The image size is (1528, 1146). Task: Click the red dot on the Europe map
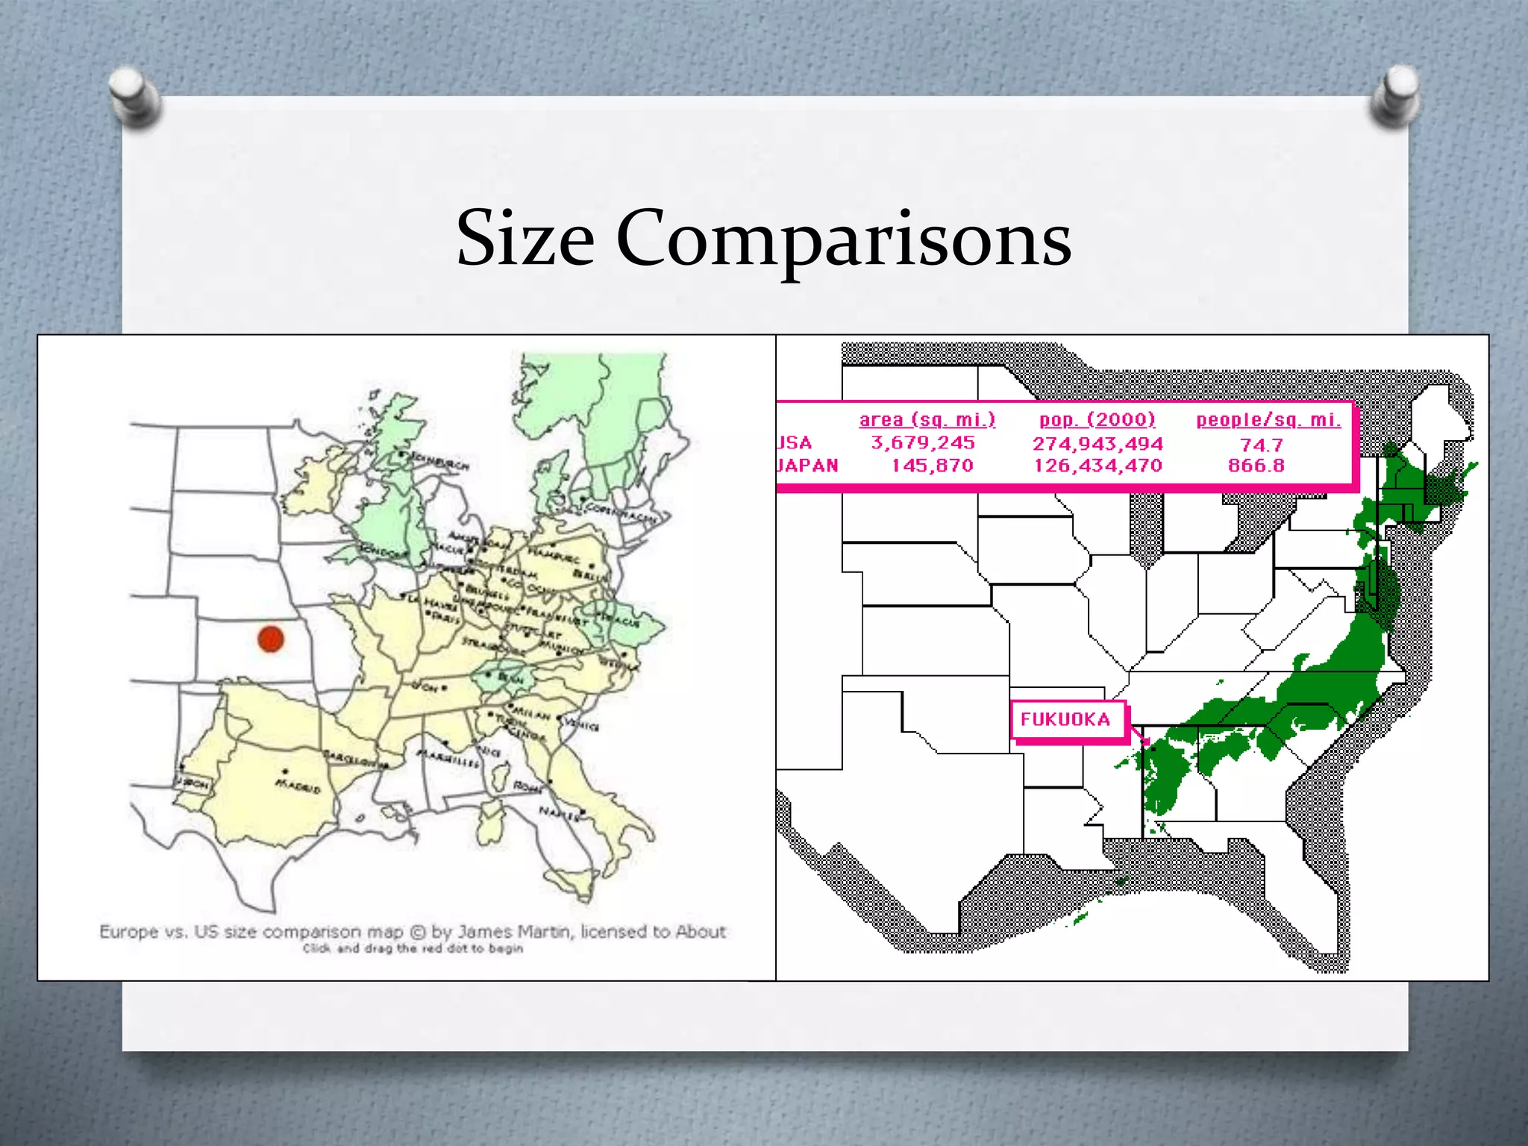pos(271,639)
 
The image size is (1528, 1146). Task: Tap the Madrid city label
pos(298,786)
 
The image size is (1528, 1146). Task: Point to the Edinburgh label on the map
pos(442,462)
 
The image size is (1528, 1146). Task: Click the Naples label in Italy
pos(559,813)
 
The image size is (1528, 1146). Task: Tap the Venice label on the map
pos(582,724)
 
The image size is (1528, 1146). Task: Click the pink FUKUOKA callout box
pos(1066,720)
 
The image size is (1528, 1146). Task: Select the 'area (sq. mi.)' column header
pos(927,419)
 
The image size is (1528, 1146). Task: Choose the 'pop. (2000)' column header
pos(1098,419)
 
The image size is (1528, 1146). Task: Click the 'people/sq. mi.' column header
pos(1268,419)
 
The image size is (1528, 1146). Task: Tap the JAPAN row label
pos(807,466)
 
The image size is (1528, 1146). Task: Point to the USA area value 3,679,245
pos(923,443)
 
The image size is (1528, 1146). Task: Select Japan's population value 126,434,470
pos(1098,466)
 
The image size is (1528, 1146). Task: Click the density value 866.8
pos(1256,466)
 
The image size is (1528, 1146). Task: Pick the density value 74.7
pos(1261,445)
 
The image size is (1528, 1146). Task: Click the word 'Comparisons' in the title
pos(843,239)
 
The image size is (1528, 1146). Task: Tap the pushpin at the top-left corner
pos(134,97)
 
